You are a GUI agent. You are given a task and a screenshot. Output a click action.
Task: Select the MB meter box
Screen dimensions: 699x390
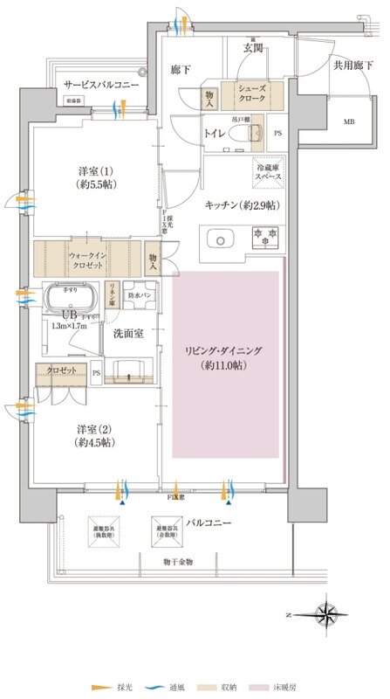coord(325,121)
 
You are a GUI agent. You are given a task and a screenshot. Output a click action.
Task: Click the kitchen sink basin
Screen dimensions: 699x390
coord(218,237)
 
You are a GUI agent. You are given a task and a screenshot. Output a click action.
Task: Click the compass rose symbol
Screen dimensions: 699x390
coord(329,613)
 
